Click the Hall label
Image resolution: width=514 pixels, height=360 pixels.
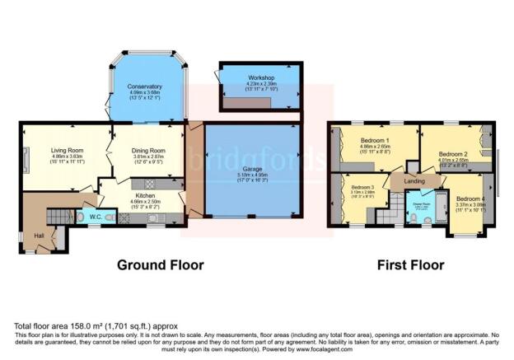[x=40, y=236]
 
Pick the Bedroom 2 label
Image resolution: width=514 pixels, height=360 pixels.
[x=452, y=154]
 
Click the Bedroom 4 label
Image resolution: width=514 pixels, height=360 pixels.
[x=470, y=199]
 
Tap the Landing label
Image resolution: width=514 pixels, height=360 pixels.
[x=414, y=181]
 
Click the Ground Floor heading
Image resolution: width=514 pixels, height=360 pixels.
[x=160, y=265]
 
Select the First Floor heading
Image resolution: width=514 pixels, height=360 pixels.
[x=410, y=265]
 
